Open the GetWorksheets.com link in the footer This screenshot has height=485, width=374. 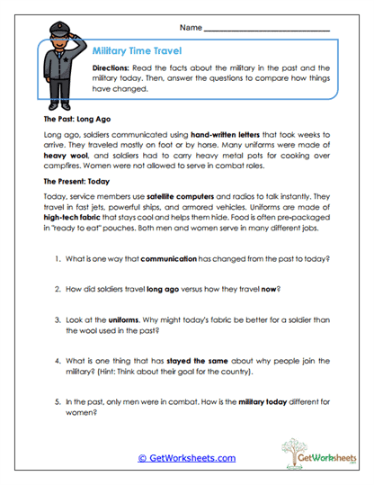tap(187, 458)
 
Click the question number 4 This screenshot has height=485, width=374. tap(57, 356)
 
